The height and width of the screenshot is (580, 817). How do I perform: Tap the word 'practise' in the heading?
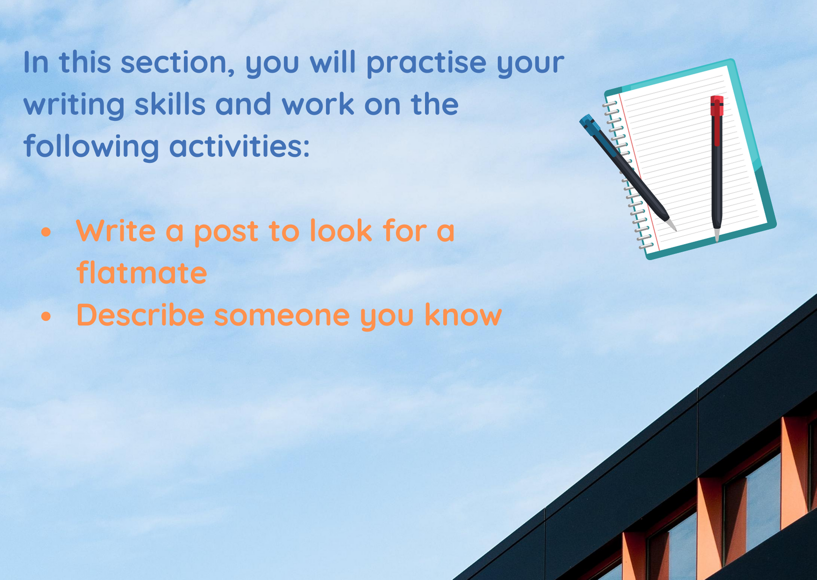426,63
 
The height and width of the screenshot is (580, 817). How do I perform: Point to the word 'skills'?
170,103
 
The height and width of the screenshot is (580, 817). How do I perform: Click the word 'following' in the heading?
92,146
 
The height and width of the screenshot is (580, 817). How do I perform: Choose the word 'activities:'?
239,145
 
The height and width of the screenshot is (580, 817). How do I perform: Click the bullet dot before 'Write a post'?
46,232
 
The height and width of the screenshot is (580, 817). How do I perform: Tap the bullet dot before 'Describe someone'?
46,317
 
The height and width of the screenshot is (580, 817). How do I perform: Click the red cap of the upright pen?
716,106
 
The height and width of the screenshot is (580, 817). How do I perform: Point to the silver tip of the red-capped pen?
716,235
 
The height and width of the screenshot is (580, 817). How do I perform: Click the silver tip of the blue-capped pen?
672,225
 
